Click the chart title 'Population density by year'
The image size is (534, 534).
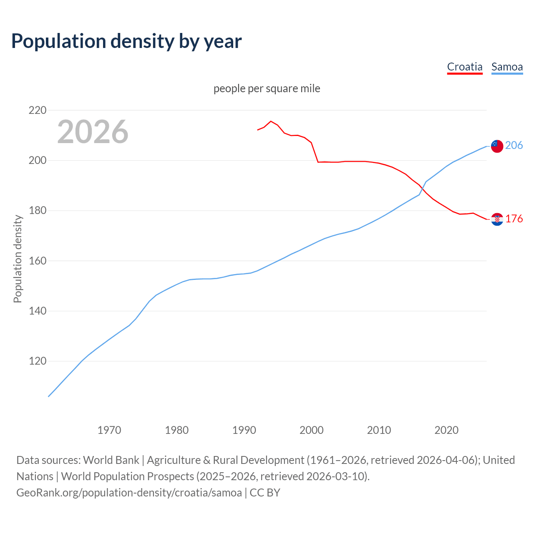[x=126, y=41]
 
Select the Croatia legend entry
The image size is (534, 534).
[x=464, y=67]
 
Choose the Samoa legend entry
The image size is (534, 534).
[x=507, y=67]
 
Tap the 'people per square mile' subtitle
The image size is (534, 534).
[x=267, y=88]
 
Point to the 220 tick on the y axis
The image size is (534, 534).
[x=38, y=111]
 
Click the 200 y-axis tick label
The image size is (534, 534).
[x=38, y=161]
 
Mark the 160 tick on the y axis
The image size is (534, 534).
[x=38, y=261]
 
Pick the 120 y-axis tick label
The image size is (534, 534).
[x=38, y=361]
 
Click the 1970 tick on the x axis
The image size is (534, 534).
[x=109, y=430]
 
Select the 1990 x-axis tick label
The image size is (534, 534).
[x=244, y=430]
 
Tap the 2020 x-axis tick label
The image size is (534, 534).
[x=446, y=430]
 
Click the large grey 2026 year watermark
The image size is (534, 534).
[x=93, y=132]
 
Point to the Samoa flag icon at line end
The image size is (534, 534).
[x=497, y=146]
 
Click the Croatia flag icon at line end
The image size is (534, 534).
[x=497, y=219]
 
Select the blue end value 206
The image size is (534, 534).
[x=514, y=145]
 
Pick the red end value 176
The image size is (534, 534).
[x=514, y=219]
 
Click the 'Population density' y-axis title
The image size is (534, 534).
[x=18, y=259]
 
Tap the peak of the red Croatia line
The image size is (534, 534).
[x=271, y=121]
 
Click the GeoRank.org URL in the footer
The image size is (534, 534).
[x=129, y=493]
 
